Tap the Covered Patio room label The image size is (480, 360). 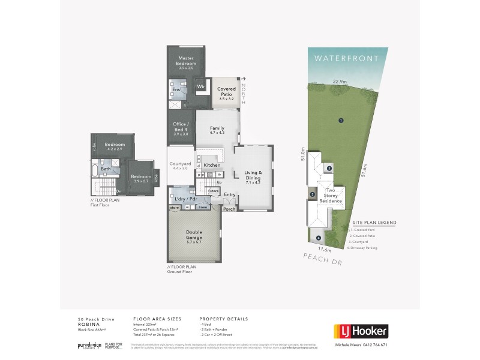pyautogui.click(x=226, y=91)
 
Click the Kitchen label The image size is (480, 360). pyautogui.click(x=212, y=165)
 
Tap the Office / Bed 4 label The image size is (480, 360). pyautogui.click(x=181, y=128)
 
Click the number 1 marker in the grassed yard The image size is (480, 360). pyautogui.click(x=340, y=120)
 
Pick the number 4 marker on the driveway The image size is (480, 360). pyautogui.click(x=319, y=238)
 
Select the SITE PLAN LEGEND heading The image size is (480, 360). pyautogui.click(x=374, y=222)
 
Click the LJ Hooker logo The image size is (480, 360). pyautogui.click(x=360, y=331)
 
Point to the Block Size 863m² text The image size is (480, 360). pyautogui.click(x=91, y=330)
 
